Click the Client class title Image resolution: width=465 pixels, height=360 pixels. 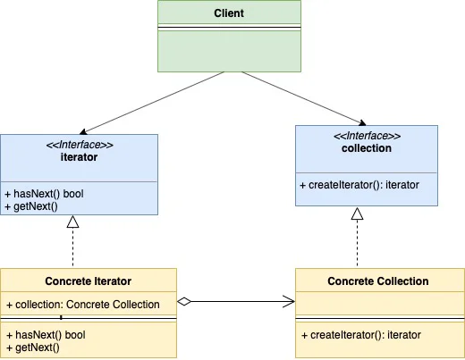coord(229,13)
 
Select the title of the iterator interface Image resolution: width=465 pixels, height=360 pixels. coord(79,157)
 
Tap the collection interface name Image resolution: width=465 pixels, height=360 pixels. coord(367,148)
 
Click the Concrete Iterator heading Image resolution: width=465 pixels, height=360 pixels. coord(89,281)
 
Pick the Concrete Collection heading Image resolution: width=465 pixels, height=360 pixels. coord(378,281)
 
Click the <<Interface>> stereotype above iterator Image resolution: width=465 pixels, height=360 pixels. coord(80,145)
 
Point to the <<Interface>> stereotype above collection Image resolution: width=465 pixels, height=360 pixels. coord(367,136)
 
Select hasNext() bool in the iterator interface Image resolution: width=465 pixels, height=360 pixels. coord(44,194)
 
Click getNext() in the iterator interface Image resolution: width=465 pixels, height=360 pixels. coord(31,206)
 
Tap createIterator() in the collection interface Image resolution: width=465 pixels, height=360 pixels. coord(359,185)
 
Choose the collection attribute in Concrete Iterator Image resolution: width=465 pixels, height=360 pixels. coord(83,305)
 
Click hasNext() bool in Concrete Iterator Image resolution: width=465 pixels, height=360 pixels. coord(46,335)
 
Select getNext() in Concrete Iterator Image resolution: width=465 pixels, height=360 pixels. coord(33,347)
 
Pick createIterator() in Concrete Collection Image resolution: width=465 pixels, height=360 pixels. coord(361,335)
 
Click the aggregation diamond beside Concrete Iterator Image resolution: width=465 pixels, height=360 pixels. coord(184,301)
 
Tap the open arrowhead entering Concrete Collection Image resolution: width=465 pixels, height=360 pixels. coord(289,301)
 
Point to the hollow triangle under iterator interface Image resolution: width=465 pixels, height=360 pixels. coord(72,222)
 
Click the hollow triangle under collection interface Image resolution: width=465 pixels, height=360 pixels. coord(357,213)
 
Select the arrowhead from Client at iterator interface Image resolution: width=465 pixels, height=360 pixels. coord(83,132)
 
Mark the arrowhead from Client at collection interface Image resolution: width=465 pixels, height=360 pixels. coord(362,122)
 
